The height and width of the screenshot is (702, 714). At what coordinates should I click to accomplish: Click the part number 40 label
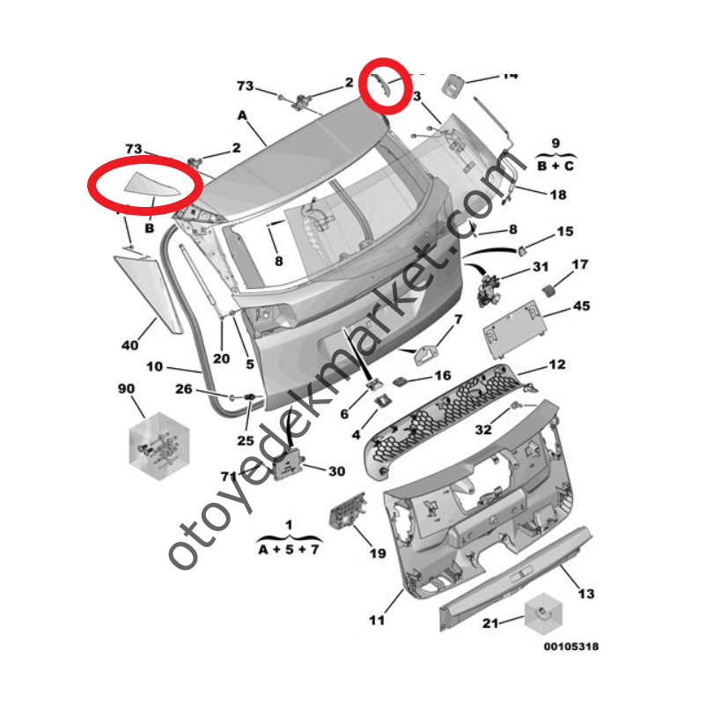[x=130, y=345]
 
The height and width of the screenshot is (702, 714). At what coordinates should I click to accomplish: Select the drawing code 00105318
[x=570, y=647]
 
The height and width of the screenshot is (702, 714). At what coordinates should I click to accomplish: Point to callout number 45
[x=582, y=306]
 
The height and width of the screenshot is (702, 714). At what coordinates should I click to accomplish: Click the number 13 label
[x=585, y=595]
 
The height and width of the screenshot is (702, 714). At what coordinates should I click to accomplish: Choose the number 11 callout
[x=377, y=621]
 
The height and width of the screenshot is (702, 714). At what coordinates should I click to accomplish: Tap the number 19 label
[x=377, y=553]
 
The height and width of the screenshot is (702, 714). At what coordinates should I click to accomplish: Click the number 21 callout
[x=490, y=624]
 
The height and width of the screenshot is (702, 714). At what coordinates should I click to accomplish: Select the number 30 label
[x=336, y=471]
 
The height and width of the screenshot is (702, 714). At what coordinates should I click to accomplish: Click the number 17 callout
[x=580, y=264]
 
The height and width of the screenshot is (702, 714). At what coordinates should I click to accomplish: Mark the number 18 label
[x=558, y=195]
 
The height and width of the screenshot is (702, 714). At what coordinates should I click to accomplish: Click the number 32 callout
[x=482, y=430]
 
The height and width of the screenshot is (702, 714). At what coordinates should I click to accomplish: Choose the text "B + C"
[x=556, y=164]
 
